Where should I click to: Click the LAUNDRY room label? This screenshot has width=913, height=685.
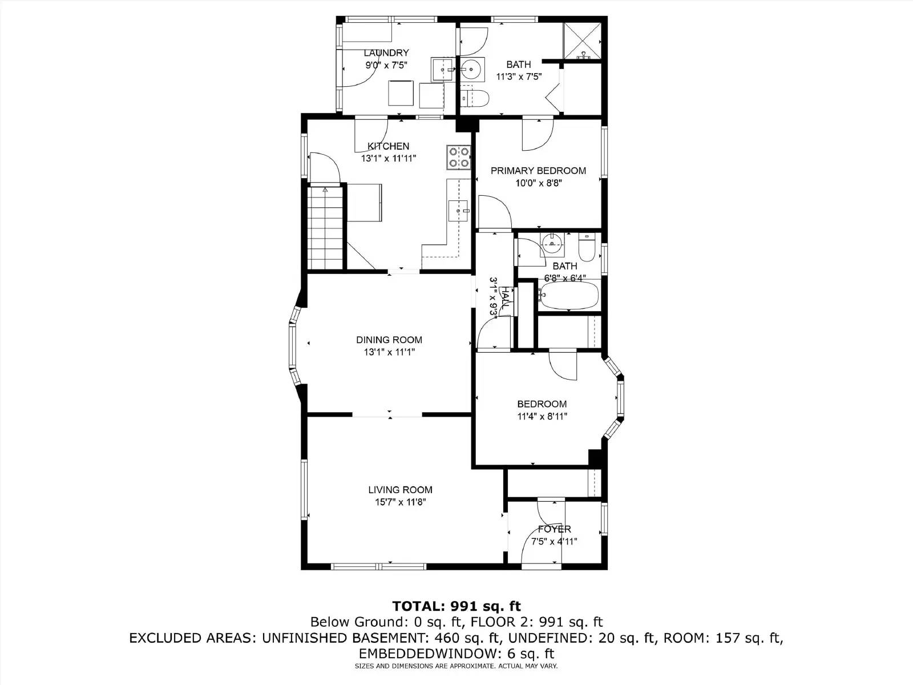[x=386, y=53]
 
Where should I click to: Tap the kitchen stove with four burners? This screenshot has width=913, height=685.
[x=459, y=157]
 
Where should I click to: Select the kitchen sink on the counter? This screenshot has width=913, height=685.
[x=458, y=210]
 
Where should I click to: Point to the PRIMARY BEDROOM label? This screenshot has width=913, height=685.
[x=538, y=171]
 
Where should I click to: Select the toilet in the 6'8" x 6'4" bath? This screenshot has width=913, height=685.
[x=587, y=247]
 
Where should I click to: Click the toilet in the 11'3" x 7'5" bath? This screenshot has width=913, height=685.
[x=474, y=98]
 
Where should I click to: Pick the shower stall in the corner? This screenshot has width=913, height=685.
[x=583, y=41]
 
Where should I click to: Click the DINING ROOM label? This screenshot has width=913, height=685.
[x=389, y=340]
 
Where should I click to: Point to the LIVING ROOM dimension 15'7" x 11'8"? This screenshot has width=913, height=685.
[x=400, y=502]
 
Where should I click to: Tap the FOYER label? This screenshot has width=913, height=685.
[x=554, y=529]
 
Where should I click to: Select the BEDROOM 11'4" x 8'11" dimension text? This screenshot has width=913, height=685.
[x=542, y=417]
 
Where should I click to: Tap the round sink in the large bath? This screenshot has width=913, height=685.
[x=471, y=70]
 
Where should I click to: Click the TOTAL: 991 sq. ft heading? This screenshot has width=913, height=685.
[x=456, y=606]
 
